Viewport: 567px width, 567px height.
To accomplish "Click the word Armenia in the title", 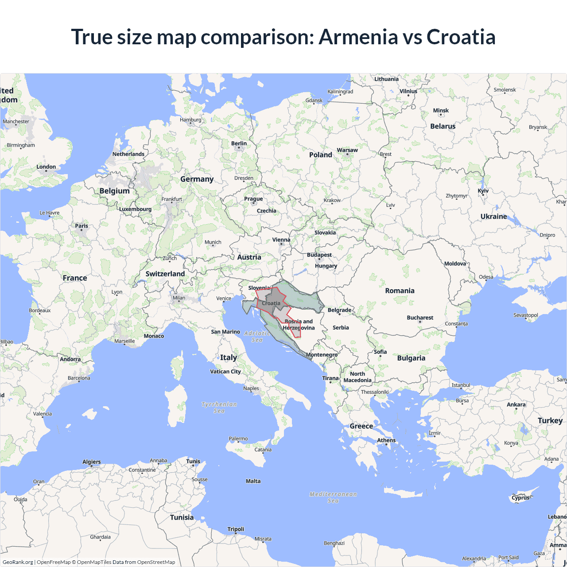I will [x=358, y=37].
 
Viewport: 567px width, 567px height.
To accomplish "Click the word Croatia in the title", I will [x=461, y=37].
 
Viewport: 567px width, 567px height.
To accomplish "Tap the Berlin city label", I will [x=239, y=144].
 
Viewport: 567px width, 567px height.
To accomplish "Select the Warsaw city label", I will [x=347, y=150].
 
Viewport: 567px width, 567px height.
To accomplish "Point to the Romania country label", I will [x=400, y=291].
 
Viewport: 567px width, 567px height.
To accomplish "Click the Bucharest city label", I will [x=420, y=318].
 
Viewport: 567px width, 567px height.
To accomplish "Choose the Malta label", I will [x=253, y=481].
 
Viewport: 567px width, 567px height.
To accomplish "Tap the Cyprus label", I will [x=520, y=497].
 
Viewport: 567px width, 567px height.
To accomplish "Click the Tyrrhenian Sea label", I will [x=219, y=408].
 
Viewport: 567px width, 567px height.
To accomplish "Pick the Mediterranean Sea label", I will [x=333, y=497].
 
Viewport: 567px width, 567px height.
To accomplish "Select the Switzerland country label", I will [x=165, y=274].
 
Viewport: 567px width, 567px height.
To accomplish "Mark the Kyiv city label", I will [x=483, y=191].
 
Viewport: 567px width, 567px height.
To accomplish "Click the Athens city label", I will [x=386, y=440].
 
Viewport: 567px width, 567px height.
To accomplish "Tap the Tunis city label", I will [x=193, y=461].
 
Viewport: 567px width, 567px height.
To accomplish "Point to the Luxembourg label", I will [x=135, y=209].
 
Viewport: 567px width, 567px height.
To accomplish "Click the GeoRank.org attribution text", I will [x=18, y=562].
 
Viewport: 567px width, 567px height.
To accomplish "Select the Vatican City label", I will [x=225, y=372].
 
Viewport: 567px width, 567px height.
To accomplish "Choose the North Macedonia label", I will [x=357, y=377].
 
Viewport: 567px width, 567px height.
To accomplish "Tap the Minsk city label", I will [x=441, y=111].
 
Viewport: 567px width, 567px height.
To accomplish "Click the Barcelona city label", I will [x=79, y=378].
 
